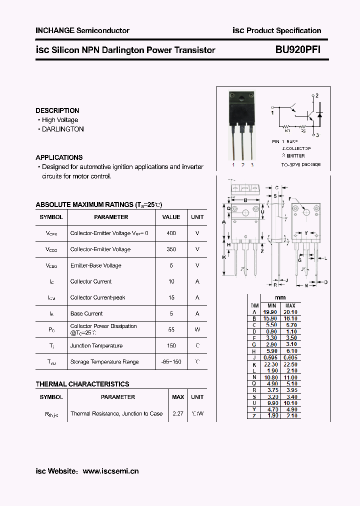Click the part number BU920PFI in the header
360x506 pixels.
tap(298, 50)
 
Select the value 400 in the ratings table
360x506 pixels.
tap(171, 233)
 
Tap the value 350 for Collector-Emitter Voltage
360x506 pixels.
tap(171, 249)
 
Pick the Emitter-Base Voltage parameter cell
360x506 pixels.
tap(96, 265)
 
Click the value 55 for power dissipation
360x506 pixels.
tap(171, 329)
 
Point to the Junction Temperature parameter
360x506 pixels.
tap(96, 345)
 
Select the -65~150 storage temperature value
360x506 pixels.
tap(171, 361)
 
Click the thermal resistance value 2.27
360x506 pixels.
tap(177, 413)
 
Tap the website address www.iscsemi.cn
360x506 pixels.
tap(110, 471)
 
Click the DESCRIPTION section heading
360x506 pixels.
tap(57, 110)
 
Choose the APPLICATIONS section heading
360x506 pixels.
tap(59, 157)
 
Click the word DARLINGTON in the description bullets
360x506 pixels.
tap(63, 129)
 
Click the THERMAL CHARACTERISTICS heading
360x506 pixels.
tap(82, 384)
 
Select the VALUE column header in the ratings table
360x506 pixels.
tap(171, 217)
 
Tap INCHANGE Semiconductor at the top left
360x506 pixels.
tap(82, 30)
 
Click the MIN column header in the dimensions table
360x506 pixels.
tap(271, 305)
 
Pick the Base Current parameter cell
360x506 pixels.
tap(86, 313)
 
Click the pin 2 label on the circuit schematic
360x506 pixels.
tap(316, 95)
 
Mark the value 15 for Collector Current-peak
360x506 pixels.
tap(171, 297)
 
